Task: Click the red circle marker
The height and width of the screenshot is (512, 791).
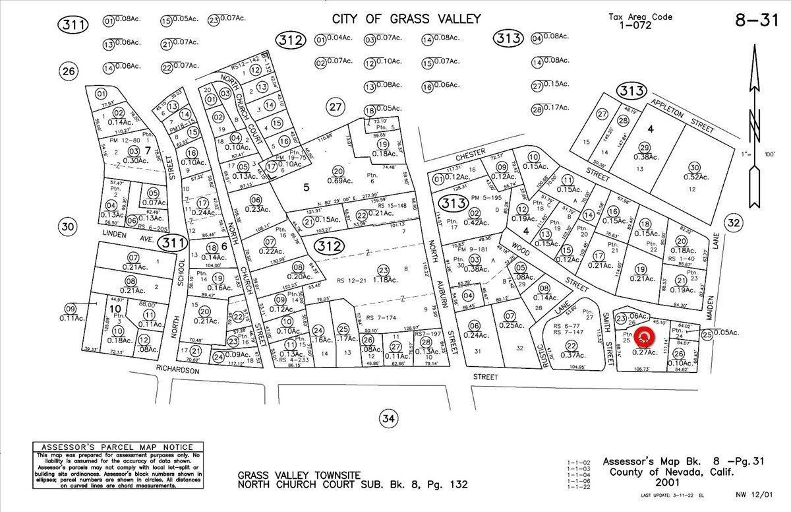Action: [x=645, y=337]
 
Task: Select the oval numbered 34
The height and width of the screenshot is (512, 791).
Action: [x=388, y=418]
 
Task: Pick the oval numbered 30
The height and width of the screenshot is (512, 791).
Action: [x=68, y=227]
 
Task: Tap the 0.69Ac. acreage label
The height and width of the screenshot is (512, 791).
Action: [x=338, y=180]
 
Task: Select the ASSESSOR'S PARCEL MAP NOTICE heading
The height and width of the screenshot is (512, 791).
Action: [x=117, y=447]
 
